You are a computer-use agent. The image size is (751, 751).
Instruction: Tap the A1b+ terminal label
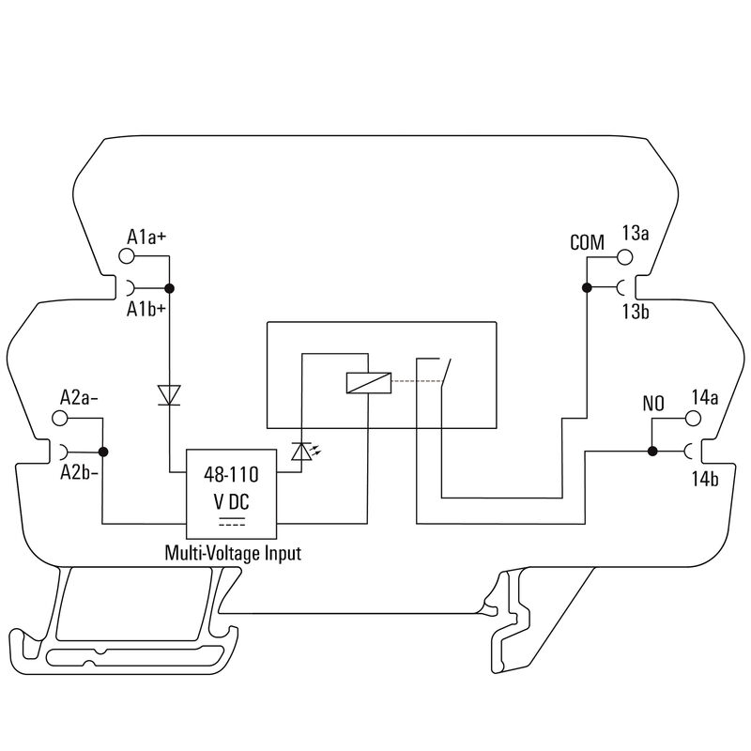(146, 310)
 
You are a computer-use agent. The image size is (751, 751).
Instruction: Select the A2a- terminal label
(79, 396)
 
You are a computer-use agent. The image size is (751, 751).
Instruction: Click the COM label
(588, 242)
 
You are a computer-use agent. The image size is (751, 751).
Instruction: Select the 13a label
(636, 233)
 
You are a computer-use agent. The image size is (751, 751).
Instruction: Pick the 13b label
(636, 311)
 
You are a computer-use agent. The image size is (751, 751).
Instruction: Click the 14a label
(704, 397)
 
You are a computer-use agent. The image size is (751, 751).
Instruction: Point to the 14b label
(704, 480)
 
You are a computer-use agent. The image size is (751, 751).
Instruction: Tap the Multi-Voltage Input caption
(233, 553)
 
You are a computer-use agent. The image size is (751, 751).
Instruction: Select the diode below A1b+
(170, 395)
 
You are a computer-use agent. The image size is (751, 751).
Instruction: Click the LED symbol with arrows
(301, 452)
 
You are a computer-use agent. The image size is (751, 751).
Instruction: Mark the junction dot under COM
(585, 287)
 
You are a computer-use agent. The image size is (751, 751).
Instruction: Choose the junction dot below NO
(651, 452)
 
